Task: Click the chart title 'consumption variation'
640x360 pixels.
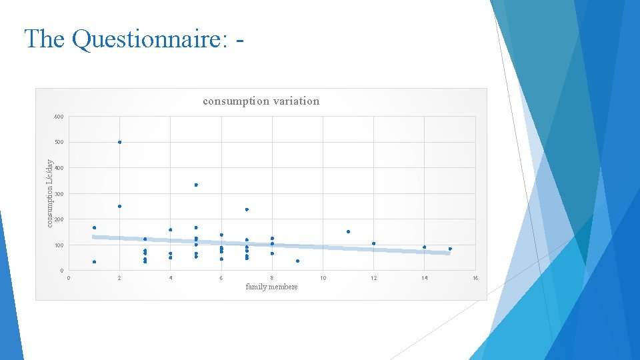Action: pos(261,101)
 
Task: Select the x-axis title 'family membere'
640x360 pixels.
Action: pos(271,287)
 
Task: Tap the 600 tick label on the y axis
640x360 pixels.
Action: pos(59,117)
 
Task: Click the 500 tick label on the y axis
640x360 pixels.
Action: pos(59,143)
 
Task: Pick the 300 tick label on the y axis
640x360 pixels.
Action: pos(59,194)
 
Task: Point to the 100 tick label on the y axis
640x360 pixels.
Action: pos(59,245)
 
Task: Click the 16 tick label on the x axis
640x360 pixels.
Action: pos(475,278)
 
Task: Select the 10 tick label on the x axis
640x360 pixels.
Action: pos(323,278)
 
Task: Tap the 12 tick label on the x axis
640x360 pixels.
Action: pos(374,278)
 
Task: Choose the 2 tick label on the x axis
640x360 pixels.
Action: pos(120,278)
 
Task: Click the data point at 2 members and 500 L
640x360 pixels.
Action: pos(120,142)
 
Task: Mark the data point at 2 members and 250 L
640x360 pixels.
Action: pos(120,206)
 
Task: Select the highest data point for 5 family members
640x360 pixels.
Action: pos(196,185)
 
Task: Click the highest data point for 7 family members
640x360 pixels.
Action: pos(247,209)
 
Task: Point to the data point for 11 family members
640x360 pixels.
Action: pos(348,231)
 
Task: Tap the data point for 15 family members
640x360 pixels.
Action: pos(450,249)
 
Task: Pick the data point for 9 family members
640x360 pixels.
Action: pos(297,261)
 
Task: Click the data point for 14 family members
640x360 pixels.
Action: pos(425,247)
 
